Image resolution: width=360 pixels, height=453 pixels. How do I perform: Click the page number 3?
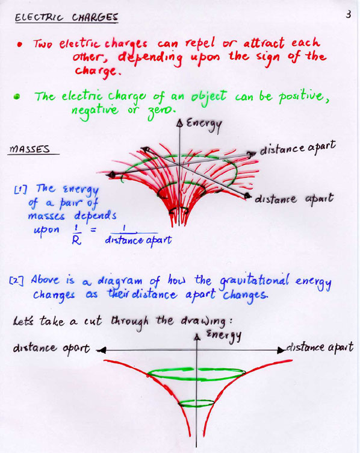[x=349, y=14]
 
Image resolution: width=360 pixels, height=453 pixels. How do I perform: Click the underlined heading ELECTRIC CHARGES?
[x=66, y=17]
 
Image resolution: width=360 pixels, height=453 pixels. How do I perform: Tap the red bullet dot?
[x=20, y=45]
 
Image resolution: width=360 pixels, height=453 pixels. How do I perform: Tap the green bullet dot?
[x=17, y=96]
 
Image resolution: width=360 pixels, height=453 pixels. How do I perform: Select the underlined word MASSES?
[x=29, y=149]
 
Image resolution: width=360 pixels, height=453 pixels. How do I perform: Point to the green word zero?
[x=162, y=111]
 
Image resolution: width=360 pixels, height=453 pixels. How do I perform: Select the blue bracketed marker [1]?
[x=20, y=190]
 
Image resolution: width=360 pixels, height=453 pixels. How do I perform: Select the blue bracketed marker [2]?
[x=16, y=281]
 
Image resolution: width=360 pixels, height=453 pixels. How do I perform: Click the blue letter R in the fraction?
[x=76, y=240]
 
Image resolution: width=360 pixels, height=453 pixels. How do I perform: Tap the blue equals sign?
[x=93, y=230]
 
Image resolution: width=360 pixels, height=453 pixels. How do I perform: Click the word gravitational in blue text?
[x=254, y=281]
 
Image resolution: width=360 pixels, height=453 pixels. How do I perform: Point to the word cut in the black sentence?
[x=93, y=321]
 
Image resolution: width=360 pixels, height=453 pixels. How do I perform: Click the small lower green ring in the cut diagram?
[x=196, y=404]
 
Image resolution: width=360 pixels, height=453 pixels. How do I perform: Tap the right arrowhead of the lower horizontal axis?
[x=281, y=350]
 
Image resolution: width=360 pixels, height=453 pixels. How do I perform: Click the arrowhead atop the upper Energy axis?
[x=179, y=123]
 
